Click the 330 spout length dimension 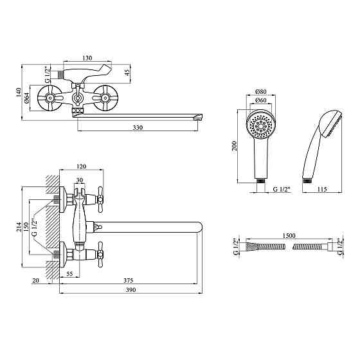138,127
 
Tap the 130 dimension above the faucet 87,58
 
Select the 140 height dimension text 19,93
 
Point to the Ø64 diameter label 27,98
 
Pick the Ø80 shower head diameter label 261,91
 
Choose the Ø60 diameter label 261,100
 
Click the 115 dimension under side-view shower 321,189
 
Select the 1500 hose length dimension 289,235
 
